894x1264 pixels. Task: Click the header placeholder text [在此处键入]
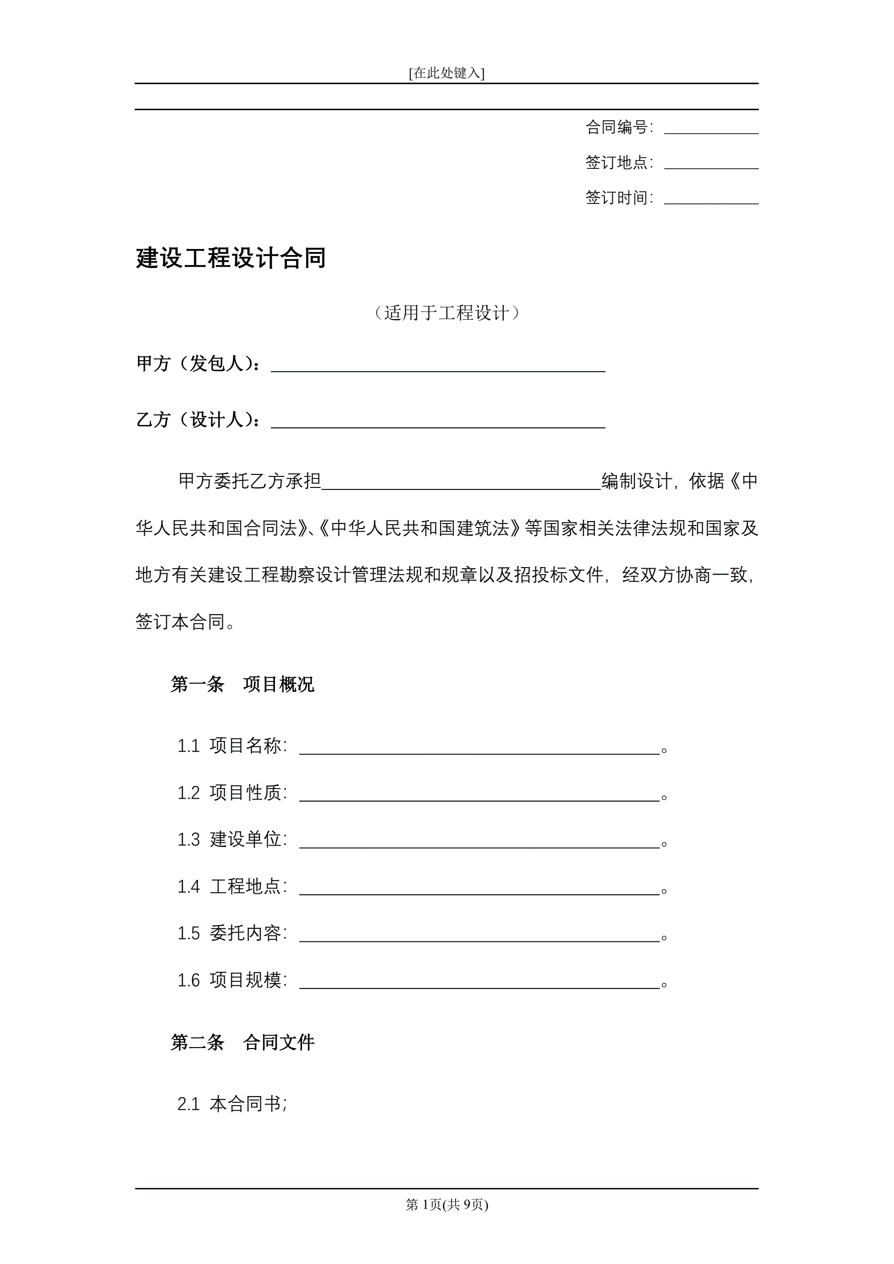click(446, 73)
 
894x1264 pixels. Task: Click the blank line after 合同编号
click(711, 129)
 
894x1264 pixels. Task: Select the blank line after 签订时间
click(711, 199)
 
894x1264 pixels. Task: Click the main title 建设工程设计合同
click(231, 258)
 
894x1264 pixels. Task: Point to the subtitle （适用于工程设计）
click(446, 313)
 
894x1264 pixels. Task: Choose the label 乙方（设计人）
click(198, 420)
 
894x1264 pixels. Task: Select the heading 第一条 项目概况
click(242, 684)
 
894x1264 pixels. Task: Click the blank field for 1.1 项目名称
click(479, 748)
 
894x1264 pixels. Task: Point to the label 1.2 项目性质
click(232, 793)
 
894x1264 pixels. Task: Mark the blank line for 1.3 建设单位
click(479, 842)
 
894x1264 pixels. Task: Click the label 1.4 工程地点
click(232, 886)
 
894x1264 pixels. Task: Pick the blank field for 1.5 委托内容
click(479, 936)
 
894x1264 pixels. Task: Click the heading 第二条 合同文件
click(242, 1042)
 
